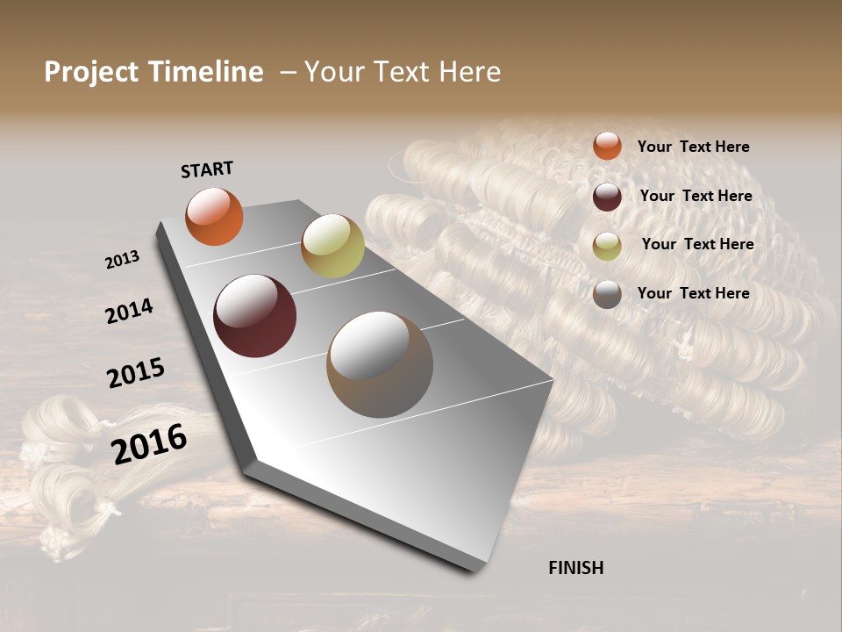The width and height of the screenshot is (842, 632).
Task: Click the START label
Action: [x=207, y=169]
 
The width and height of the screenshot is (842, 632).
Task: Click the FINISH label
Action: [x=575, y=568]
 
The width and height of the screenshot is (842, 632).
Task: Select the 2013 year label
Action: [x=122, y=260]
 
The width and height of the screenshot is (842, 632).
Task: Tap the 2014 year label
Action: [x=129, y=311]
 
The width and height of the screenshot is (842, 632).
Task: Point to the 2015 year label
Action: [x=136, y=373]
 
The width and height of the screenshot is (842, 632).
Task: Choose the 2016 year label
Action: [x=149, y=443]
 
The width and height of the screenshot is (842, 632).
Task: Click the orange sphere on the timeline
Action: [x=214, y=216]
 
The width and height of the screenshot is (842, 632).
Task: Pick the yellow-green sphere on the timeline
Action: [x=332, y=246]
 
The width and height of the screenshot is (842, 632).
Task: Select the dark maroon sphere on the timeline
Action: [x=254, y=316]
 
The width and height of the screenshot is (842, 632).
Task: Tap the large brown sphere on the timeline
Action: [x=380, y=364]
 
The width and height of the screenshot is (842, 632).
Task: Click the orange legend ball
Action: [x=607, y=147]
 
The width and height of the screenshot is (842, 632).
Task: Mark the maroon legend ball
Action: [x=607, y=197]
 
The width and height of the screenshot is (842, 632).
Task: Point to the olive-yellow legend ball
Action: [x=607, y=246]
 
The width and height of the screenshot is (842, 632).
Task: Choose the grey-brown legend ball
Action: [x=607, y=294]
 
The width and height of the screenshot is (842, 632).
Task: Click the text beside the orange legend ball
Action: [x=693, y=147]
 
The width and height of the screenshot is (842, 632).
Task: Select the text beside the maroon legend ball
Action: [x=696, y=196]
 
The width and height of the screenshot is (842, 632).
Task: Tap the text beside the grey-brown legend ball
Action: [x=693, y=293]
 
